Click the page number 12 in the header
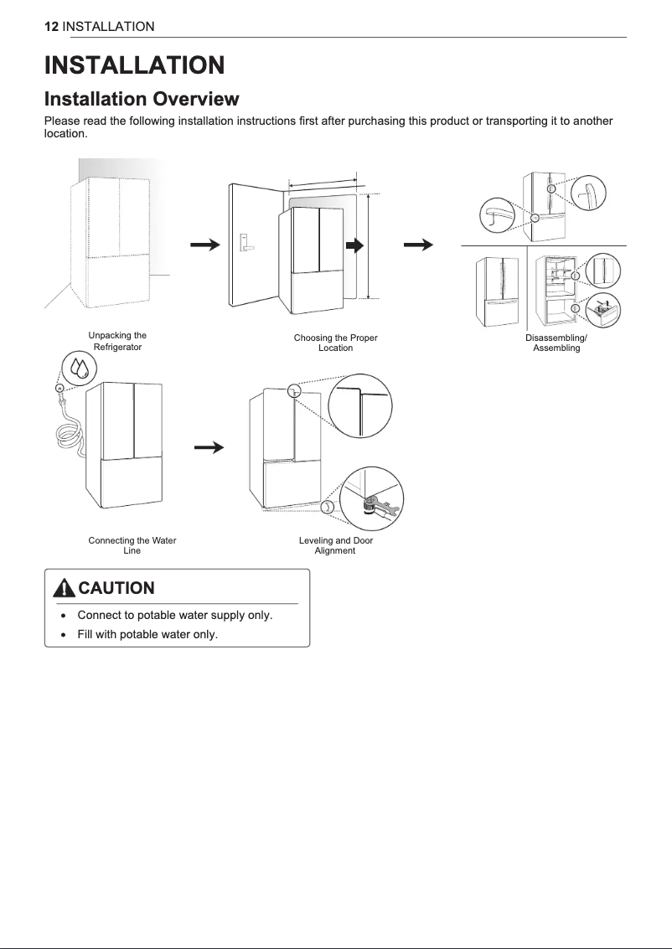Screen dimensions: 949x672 [x=50, y=27]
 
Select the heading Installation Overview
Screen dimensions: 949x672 [x=142, y=100]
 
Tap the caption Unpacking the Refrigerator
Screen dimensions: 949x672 [x=117, y=341]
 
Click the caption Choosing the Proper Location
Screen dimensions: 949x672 [x=335, y=343]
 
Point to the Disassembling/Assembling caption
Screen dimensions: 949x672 [x=556, y=343]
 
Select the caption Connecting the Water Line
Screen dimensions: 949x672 [x=132, y=545]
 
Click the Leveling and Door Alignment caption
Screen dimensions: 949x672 [x=335, y=545]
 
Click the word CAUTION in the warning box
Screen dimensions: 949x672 [x=116, y=588]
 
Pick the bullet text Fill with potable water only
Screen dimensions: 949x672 [x=147, y=634]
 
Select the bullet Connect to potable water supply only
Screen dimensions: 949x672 [x=174, y=616]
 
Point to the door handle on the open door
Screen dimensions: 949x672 [x=246, y=243]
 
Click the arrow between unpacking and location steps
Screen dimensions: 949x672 [x=204, y=245]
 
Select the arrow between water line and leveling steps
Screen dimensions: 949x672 [x=209, y=447]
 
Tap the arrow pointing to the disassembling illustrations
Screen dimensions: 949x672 [x=418, y=245]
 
